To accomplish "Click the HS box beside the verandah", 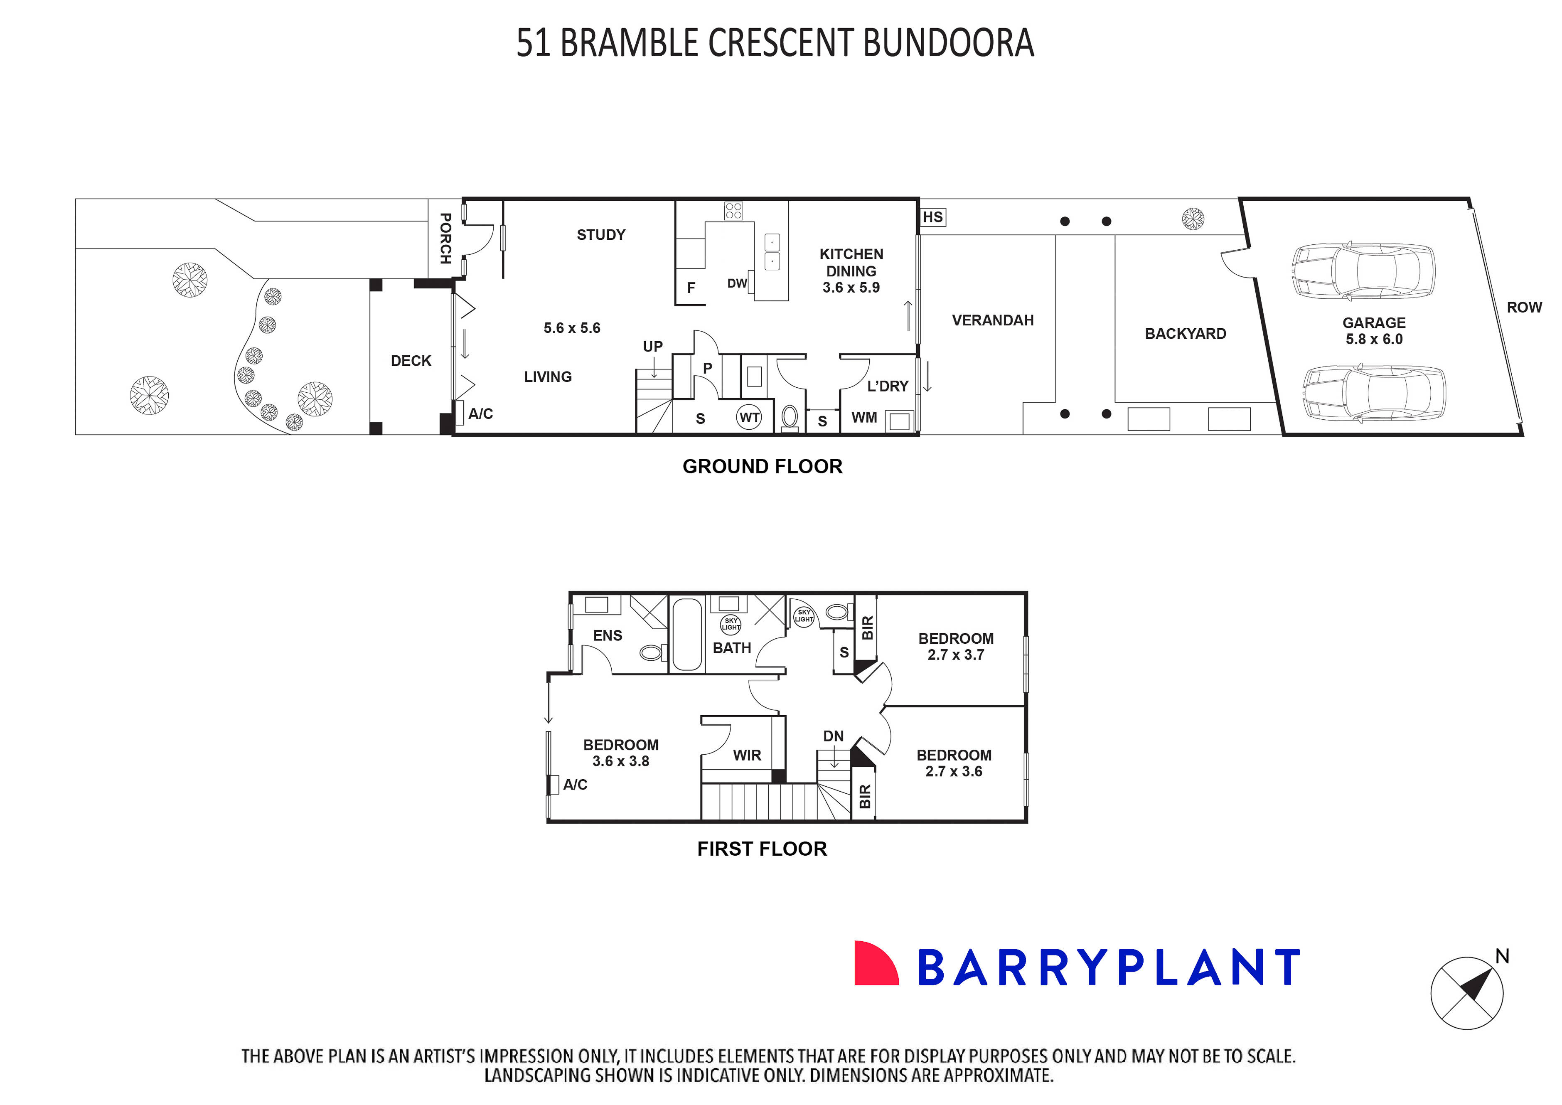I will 933,217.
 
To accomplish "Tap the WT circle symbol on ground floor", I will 749,418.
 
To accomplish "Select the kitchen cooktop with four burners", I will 733,211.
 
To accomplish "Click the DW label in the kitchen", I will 737,283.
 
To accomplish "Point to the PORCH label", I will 445,238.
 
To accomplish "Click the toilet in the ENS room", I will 652,653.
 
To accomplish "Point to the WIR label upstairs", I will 747,755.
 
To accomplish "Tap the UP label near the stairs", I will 652,346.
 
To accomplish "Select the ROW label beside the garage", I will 1524,308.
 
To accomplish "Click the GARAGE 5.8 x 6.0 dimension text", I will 1373,331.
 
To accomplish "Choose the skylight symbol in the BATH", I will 731,624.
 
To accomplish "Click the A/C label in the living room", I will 480,413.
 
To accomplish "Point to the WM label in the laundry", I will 864,418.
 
